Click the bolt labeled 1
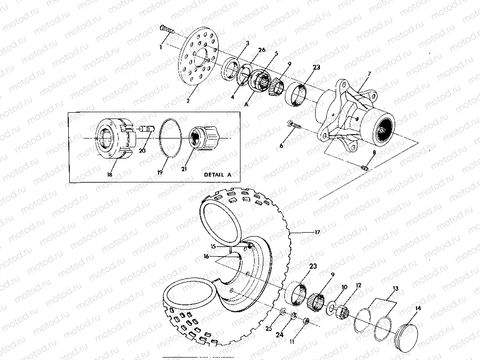point(166,30)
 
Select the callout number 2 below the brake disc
point(188,101)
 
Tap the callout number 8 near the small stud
point(374,153)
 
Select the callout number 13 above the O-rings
point(396,288)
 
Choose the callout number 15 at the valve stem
point(212,246)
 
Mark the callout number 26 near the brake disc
point(261,50)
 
